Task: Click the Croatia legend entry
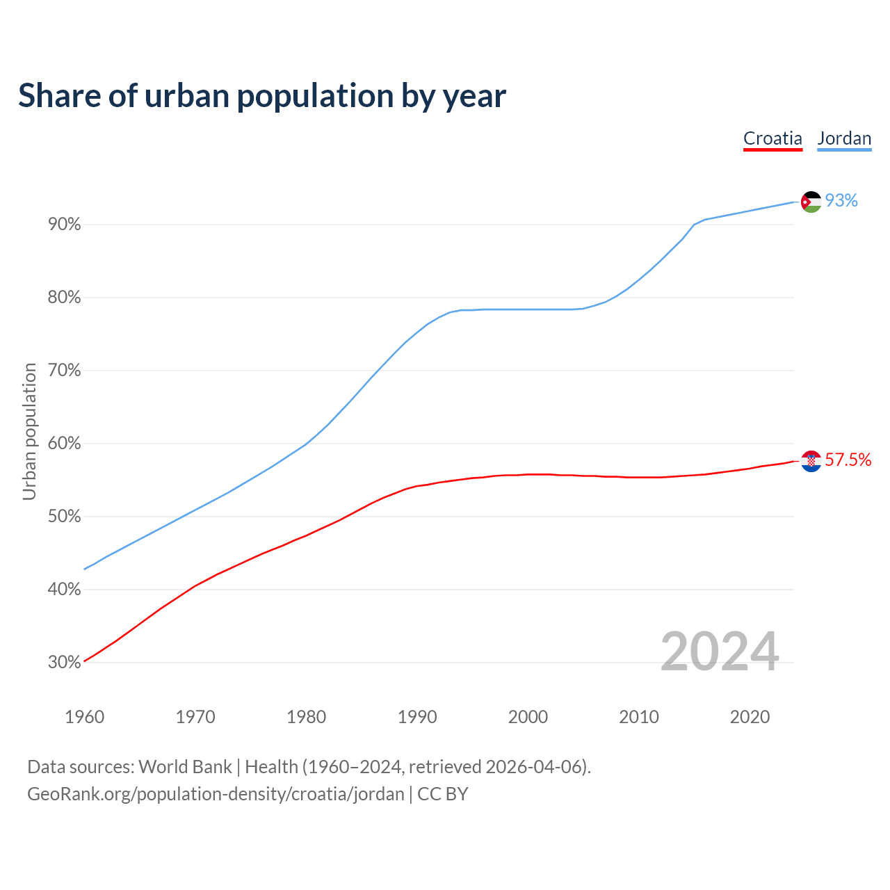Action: (772, 138)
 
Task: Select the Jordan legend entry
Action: (844, 138)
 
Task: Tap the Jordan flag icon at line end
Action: (811, 202)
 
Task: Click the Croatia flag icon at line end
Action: (811, 461)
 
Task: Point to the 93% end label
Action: (841, 201)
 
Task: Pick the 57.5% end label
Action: (848, 460)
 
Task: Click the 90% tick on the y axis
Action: (64, 225)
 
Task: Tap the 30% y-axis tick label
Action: (64, 663)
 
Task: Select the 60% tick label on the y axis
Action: (64, 444)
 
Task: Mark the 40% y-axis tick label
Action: (64, 590)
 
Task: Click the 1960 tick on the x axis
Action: (84, 717)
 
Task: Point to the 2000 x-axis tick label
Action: (528, 717)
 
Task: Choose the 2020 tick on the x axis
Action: (750, 717)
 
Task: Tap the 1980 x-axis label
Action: (306, 717)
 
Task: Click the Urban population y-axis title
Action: (29, 431)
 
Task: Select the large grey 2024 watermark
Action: (719, 652)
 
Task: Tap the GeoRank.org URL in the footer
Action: (216, 794)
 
